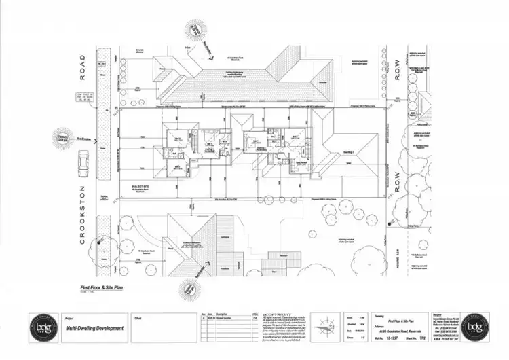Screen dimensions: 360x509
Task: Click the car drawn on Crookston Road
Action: coord(83,163)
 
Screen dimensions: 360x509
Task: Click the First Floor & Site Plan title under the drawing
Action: coord(102,289)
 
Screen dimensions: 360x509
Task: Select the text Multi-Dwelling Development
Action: coord(95,328)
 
